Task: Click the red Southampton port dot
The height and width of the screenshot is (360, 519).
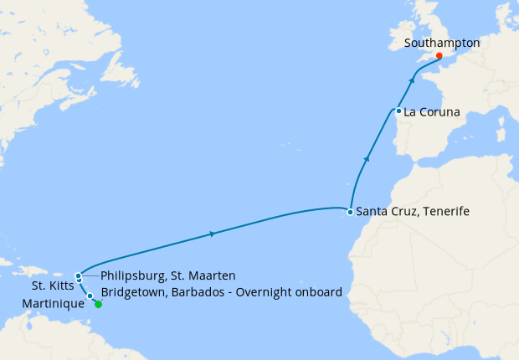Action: click(439, 56)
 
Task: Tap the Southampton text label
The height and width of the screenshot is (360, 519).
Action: click(441, 42)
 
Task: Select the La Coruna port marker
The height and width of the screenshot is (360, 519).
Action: click(398, 111)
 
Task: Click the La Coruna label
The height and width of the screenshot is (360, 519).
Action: click(432, 111)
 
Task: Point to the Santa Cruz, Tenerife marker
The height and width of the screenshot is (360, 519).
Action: click(350, 212)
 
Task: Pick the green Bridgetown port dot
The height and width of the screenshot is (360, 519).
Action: click(98, 304)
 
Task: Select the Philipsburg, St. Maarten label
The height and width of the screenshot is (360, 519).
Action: click(167, 275)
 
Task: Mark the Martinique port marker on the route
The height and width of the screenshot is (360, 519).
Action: click(90, 296)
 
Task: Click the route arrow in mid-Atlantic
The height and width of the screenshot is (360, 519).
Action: click(213, 234)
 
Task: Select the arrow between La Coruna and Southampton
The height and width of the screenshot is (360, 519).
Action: click(412, 80)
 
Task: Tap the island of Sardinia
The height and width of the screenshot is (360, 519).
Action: click(501, 131)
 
